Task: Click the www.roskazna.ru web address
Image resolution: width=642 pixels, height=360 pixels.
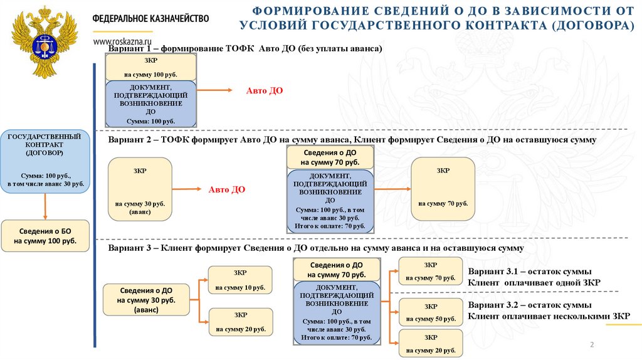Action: [x=124, y=41]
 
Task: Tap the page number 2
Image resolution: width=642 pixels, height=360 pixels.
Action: [x=591, y=346]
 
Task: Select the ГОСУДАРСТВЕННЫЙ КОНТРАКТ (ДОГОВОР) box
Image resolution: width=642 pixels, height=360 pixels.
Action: [x=45, y=161]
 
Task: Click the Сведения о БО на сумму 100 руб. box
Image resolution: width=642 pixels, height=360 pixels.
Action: [x=45, y=236]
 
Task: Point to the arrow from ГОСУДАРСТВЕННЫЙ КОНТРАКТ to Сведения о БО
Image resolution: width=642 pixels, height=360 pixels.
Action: [x=45, y=206]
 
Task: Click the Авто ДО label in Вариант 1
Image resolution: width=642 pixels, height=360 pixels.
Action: [x=264, y=91]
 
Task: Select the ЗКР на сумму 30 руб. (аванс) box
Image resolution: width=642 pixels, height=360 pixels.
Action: [x=140, y=189]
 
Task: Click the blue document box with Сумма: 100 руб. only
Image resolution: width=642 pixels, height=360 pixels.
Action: [x=150, y=103]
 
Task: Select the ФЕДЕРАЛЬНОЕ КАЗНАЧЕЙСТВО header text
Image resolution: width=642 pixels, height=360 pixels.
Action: [x=150, y=19]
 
